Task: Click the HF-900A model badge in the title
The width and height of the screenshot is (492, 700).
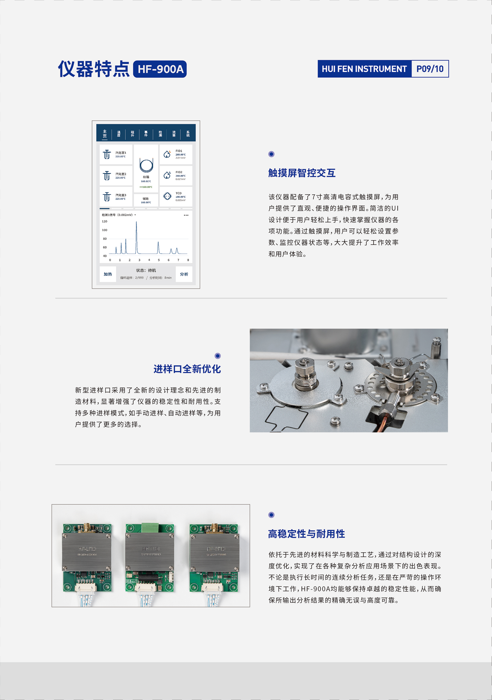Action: pos(160,69)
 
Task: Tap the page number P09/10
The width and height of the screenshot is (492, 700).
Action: pos(430,69)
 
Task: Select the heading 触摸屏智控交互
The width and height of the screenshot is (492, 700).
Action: pos(302,173)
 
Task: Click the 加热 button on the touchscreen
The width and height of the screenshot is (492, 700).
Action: pos(108,274)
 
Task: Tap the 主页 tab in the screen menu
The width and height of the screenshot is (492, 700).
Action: pos(105,134)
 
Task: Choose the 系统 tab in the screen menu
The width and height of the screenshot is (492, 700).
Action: pos(188,134)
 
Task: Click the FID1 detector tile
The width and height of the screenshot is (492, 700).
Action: pos(176,154)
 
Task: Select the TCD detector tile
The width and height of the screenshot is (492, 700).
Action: pos(176,197)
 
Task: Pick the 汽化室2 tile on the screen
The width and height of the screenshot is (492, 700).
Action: pos(116,176)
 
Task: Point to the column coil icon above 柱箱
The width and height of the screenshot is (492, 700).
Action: pos(146,165)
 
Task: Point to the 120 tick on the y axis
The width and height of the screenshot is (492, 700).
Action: pos(105,222)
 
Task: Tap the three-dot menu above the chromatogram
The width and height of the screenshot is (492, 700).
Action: pos(186,215)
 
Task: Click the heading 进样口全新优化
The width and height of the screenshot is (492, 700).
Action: pos(187,369)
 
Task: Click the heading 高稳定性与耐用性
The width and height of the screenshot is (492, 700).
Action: pos(306,534)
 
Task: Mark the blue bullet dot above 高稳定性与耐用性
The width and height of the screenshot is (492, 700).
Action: pos(271,515)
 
